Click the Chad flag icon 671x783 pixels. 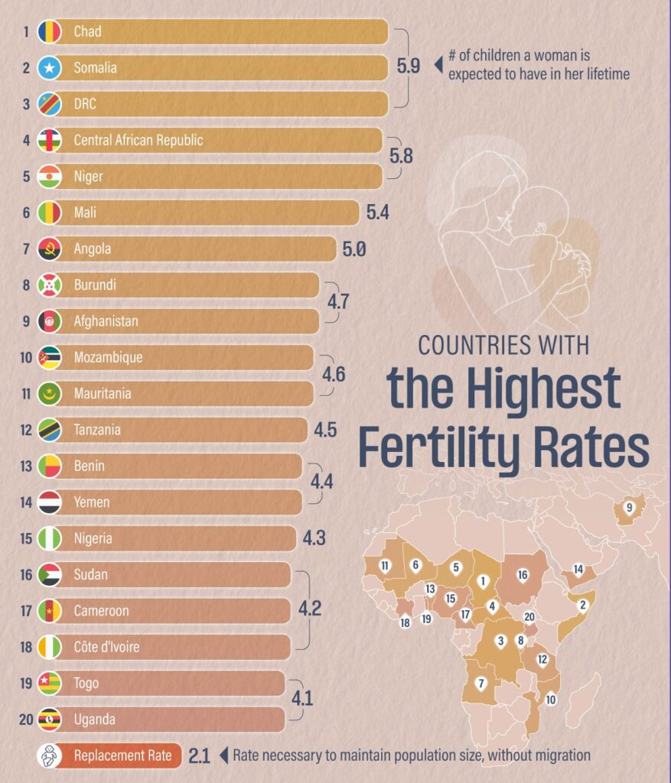click(49, 32)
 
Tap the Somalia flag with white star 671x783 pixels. click(49, 68)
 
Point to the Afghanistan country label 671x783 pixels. click(106, 321)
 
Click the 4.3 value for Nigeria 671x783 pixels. click(314, 538)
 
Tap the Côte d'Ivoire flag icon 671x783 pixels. click(49, 647)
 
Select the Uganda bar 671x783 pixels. click(168, 720)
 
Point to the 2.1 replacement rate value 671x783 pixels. click(199, 756)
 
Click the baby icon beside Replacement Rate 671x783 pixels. click(49, 755)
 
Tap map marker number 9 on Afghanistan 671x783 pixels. click(630, 507)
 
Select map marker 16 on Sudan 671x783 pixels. click(523, 574)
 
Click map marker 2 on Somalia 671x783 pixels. click(582, 606)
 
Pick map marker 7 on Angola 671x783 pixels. click(480, 683)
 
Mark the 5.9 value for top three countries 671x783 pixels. click(408, 66)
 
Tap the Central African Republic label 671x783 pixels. click(138, 141)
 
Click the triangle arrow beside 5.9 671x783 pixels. click(438, 66)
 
